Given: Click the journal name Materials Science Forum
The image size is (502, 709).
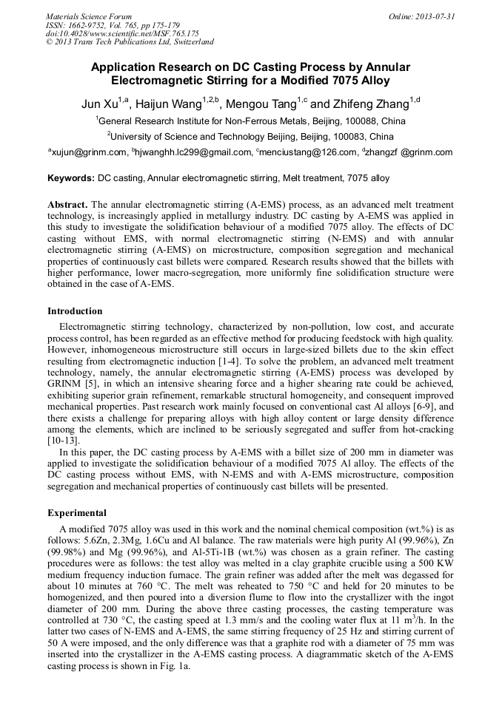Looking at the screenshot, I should pos(89,16).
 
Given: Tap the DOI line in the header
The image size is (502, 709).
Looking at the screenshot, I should pos(122,33).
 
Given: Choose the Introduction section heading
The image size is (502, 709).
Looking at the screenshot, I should pos(75,311).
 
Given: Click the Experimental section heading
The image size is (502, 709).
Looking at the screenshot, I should pos(77,512).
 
